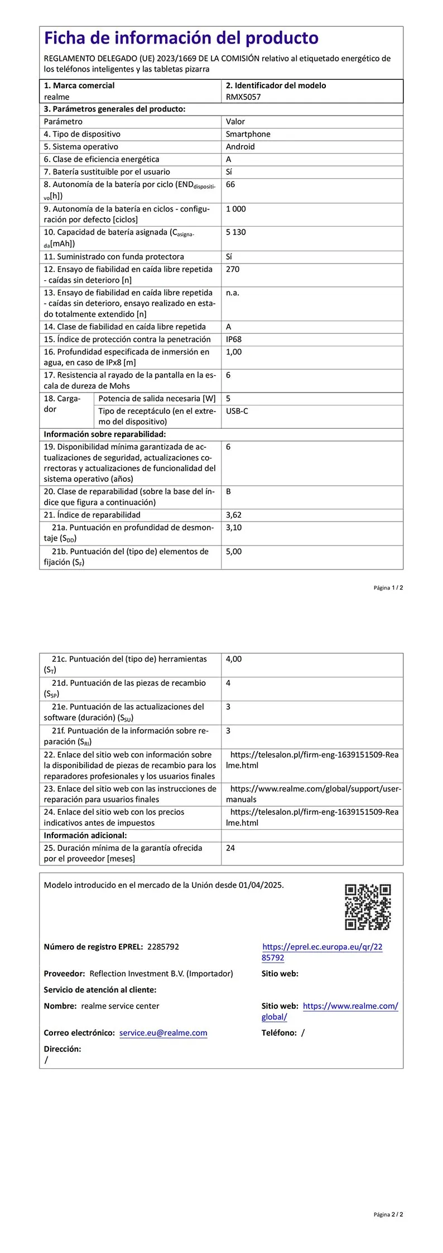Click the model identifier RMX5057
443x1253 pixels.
243,97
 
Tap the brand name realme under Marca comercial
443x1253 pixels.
57,97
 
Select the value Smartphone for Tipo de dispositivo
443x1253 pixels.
248,134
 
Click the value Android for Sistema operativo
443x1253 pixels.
240,146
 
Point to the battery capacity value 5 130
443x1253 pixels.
235,232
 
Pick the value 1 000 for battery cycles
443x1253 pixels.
235,208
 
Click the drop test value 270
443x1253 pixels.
233,269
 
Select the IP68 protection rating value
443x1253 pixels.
234,339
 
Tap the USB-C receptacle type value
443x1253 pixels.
237,411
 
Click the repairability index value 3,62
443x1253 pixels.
234,515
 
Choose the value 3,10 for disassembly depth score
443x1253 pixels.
234,527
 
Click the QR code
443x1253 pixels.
368,907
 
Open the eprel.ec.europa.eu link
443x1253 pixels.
322,952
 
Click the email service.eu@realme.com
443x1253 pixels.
163,1033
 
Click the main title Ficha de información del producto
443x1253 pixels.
181,38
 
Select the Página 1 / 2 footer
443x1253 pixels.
388,587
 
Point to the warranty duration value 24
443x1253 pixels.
230,848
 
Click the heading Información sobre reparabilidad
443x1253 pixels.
105,434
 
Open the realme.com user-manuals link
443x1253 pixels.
315,794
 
